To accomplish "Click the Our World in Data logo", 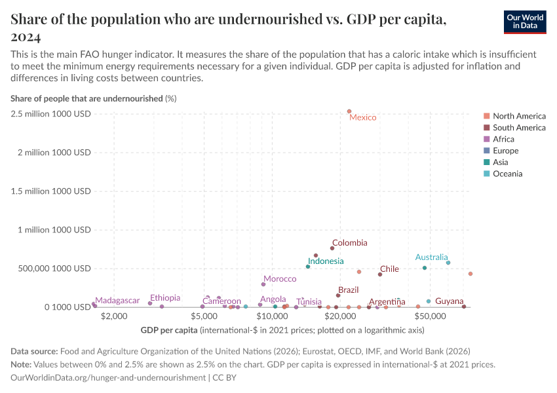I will click(x=524, y=22).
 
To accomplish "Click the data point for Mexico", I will click(x=349, y=111).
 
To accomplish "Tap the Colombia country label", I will click(x=349, y=243).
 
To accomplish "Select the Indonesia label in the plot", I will click(x=326, y=261).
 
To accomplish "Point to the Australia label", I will click(x=431, y=257).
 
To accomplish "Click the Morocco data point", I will click(x=263, y=284).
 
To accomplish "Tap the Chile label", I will click(x=389, y=269).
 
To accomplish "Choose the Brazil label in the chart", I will click(x=348, y=290).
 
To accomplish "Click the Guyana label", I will click(x=449, y=301).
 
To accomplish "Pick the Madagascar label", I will click(x=117, y=301).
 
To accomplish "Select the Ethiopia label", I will click(x=165, y=298).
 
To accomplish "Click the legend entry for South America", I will click(x=519, y=128).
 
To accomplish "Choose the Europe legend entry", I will click(x=506, y=151).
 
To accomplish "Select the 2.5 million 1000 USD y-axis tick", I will click(x=50, y=114).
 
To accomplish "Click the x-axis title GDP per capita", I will click(x=169, y=329).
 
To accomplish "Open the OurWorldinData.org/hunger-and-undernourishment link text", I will click(x=108, y=378).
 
